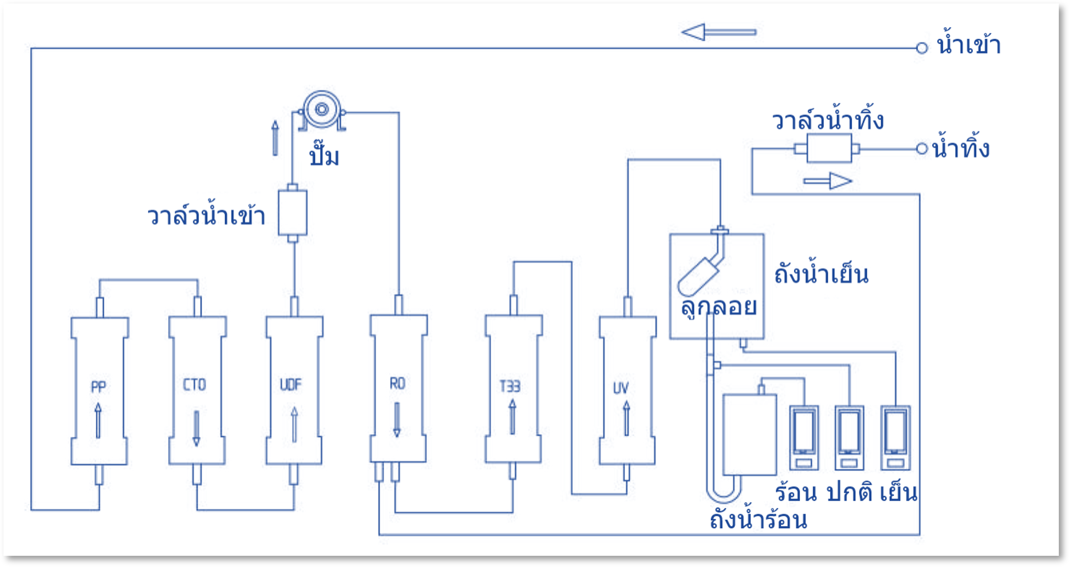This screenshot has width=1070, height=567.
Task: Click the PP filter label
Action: click(98, 387)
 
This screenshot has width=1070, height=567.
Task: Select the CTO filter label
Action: click(194, 385)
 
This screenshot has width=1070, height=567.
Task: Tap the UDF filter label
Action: click(291, 385)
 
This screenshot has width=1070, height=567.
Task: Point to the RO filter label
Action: click(397, 384)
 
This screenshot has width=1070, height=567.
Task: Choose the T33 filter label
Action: click(510, 386)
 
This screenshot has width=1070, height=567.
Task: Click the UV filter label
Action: click(621, 388)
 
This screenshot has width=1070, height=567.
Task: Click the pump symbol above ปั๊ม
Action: click(322, 110)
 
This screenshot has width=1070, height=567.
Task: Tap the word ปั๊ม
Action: click(324, 156)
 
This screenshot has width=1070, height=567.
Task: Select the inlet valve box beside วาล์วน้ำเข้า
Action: click(292, 213)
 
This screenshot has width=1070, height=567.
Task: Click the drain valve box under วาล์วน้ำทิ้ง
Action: click(829, 148)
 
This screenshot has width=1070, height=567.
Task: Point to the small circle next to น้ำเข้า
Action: click(922, 48)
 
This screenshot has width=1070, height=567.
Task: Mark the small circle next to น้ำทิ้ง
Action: click(922, 148)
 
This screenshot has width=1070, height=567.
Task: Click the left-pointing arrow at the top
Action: click(719, 32)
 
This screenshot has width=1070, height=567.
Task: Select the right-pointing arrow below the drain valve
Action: click(828, 181)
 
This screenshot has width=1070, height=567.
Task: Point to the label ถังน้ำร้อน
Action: click(758, 519)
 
